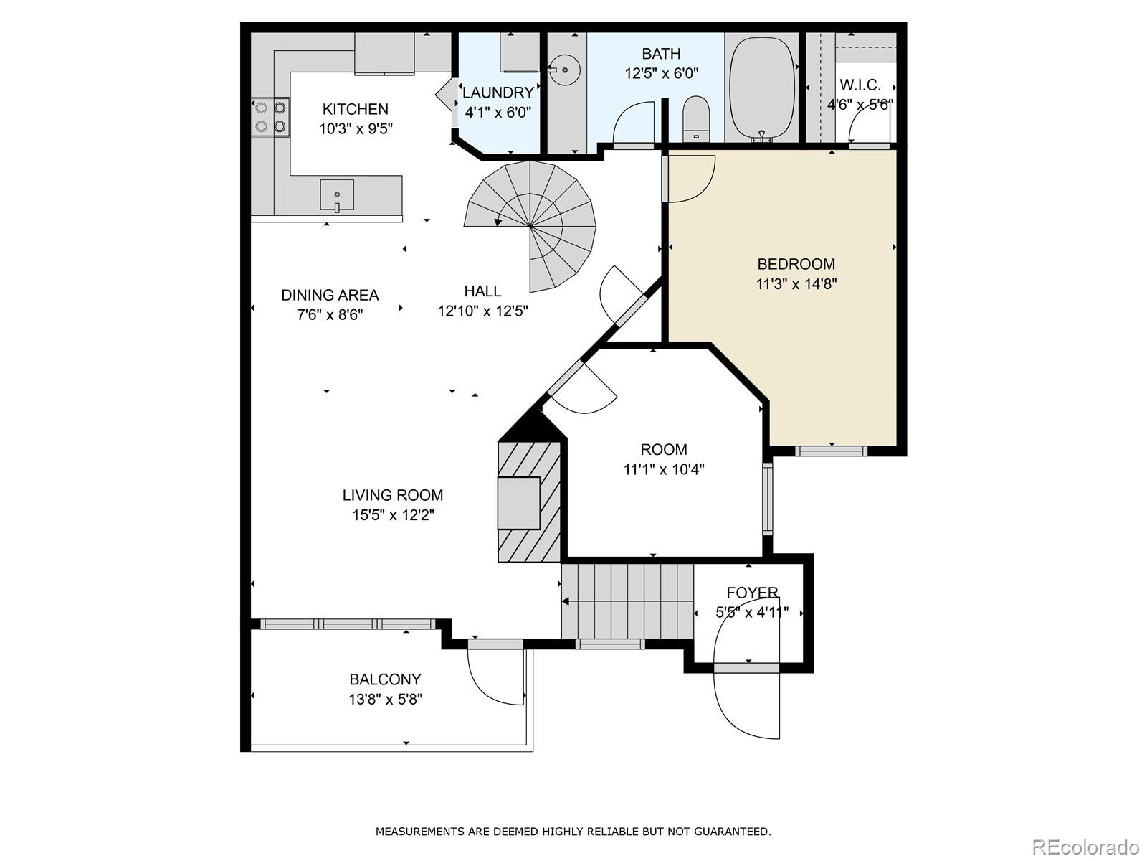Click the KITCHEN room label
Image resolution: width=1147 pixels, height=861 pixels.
(x=356, y=109)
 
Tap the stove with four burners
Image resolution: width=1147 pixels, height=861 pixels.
(x=271, y=117)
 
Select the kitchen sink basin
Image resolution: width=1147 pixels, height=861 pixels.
(x=337, y=195)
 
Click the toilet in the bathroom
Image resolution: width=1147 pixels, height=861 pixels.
(x=696, y=119)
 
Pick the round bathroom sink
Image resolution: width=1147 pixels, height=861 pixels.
(x=565, y=70)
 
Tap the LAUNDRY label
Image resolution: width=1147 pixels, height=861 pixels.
(x=498, y=93)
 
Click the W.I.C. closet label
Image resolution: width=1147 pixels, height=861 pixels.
(x=860, y=85)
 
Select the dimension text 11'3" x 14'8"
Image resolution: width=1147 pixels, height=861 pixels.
(x=796, y=284)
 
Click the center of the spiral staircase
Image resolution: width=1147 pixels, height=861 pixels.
(x=530, y=226)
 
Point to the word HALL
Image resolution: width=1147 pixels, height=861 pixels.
(x=483, y=291)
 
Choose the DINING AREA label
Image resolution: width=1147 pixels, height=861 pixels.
(x=330, y=296)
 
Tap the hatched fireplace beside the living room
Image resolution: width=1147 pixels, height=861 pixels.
(x=529, y=502)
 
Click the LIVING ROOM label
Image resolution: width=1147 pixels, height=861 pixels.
(x=393, y=495)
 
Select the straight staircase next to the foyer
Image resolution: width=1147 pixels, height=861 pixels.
(x=627, y=601)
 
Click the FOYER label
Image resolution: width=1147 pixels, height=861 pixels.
(x=753, y=593)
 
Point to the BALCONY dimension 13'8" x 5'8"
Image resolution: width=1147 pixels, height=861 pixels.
(x=386, y=700)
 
